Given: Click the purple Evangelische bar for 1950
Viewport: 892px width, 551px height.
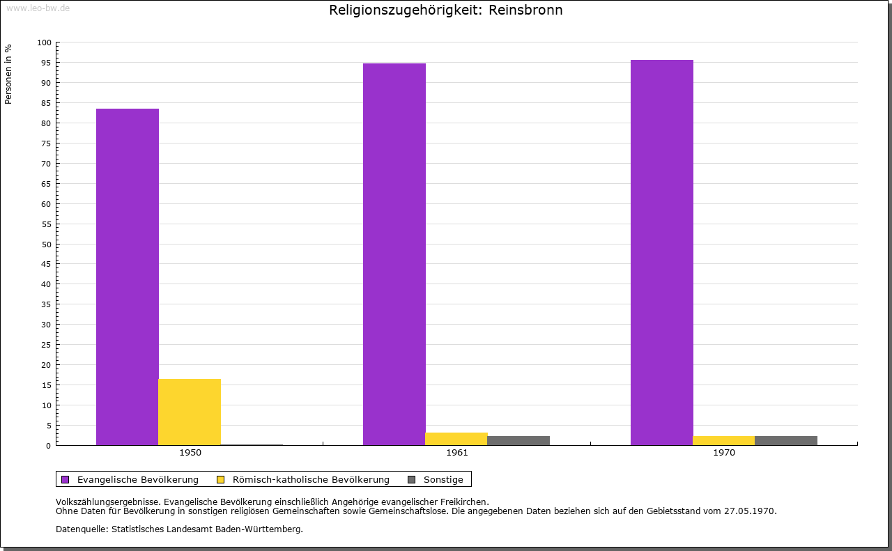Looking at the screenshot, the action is click(128, 277).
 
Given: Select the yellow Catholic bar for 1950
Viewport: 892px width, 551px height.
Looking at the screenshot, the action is click(190, 412).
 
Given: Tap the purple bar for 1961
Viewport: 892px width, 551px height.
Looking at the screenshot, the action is click(394, 254).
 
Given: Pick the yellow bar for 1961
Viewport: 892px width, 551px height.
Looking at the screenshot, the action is click(456, 439).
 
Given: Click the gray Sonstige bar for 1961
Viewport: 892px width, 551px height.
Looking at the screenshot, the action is click(518, 441).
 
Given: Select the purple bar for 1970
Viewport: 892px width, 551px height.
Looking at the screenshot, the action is click(662, 252).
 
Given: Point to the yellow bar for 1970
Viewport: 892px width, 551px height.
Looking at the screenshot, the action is click(724, 441).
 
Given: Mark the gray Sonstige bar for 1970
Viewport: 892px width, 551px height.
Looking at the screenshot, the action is click(786, 441).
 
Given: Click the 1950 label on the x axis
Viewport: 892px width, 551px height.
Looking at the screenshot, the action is click(190, 453).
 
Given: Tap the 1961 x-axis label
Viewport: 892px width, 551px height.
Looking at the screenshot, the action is click(457, 453).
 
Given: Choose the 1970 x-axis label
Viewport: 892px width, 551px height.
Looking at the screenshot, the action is click(724, 453).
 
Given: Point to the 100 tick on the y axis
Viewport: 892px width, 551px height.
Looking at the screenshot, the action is click(44, 42).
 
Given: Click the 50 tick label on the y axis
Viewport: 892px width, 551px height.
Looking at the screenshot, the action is click(46, 245).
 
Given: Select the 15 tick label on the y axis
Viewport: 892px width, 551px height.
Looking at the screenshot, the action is click(46, 385).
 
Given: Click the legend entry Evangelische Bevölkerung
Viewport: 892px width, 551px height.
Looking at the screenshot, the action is click(130, 480).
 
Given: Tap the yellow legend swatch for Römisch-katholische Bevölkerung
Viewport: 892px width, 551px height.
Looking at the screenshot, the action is click(221, 480).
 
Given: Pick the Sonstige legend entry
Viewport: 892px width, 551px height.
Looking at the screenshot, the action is click(436, 480).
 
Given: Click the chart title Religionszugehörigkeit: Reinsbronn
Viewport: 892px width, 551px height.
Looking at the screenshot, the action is click(445, 10).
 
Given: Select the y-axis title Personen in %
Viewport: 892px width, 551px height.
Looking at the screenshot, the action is click(8, 74).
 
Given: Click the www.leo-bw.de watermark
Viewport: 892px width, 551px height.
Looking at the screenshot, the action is click(38, 8).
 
